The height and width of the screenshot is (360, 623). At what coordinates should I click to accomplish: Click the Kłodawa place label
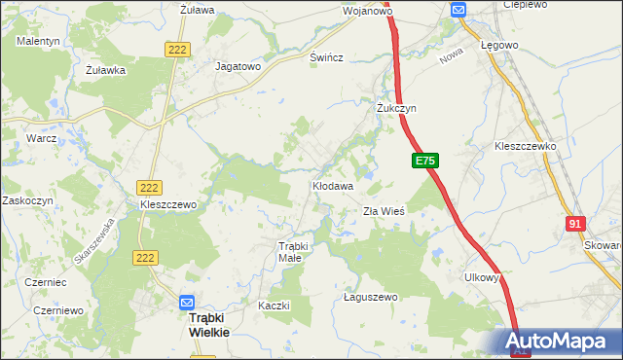coord(332,184)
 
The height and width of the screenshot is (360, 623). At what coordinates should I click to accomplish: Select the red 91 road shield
coord(574,224)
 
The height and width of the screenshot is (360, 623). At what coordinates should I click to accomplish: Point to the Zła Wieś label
coord(384,210)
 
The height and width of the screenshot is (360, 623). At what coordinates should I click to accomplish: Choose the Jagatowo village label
coord(238,67)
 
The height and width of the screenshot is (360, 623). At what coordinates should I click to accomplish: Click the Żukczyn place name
coord(397,109)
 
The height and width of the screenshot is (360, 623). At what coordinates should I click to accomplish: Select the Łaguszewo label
coord(372,297)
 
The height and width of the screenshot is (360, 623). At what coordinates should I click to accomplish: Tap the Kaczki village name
coord(275,306)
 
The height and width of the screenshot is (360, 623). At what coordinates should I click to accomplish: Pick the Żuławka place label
coord(106,70)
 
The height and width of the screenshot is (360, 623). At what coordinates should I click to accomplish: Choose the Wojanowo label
coord(367,12)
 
